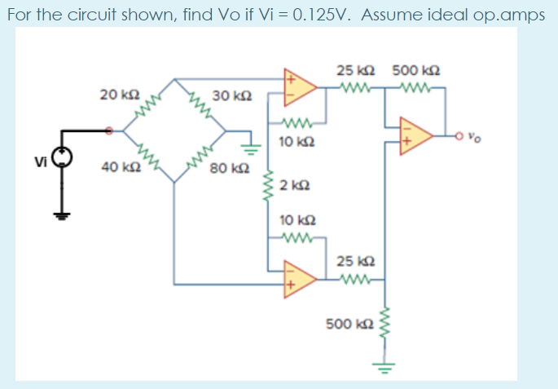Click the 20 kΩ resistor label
[x=114, y=95]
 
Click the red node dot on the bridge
[x=112, y=129]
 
